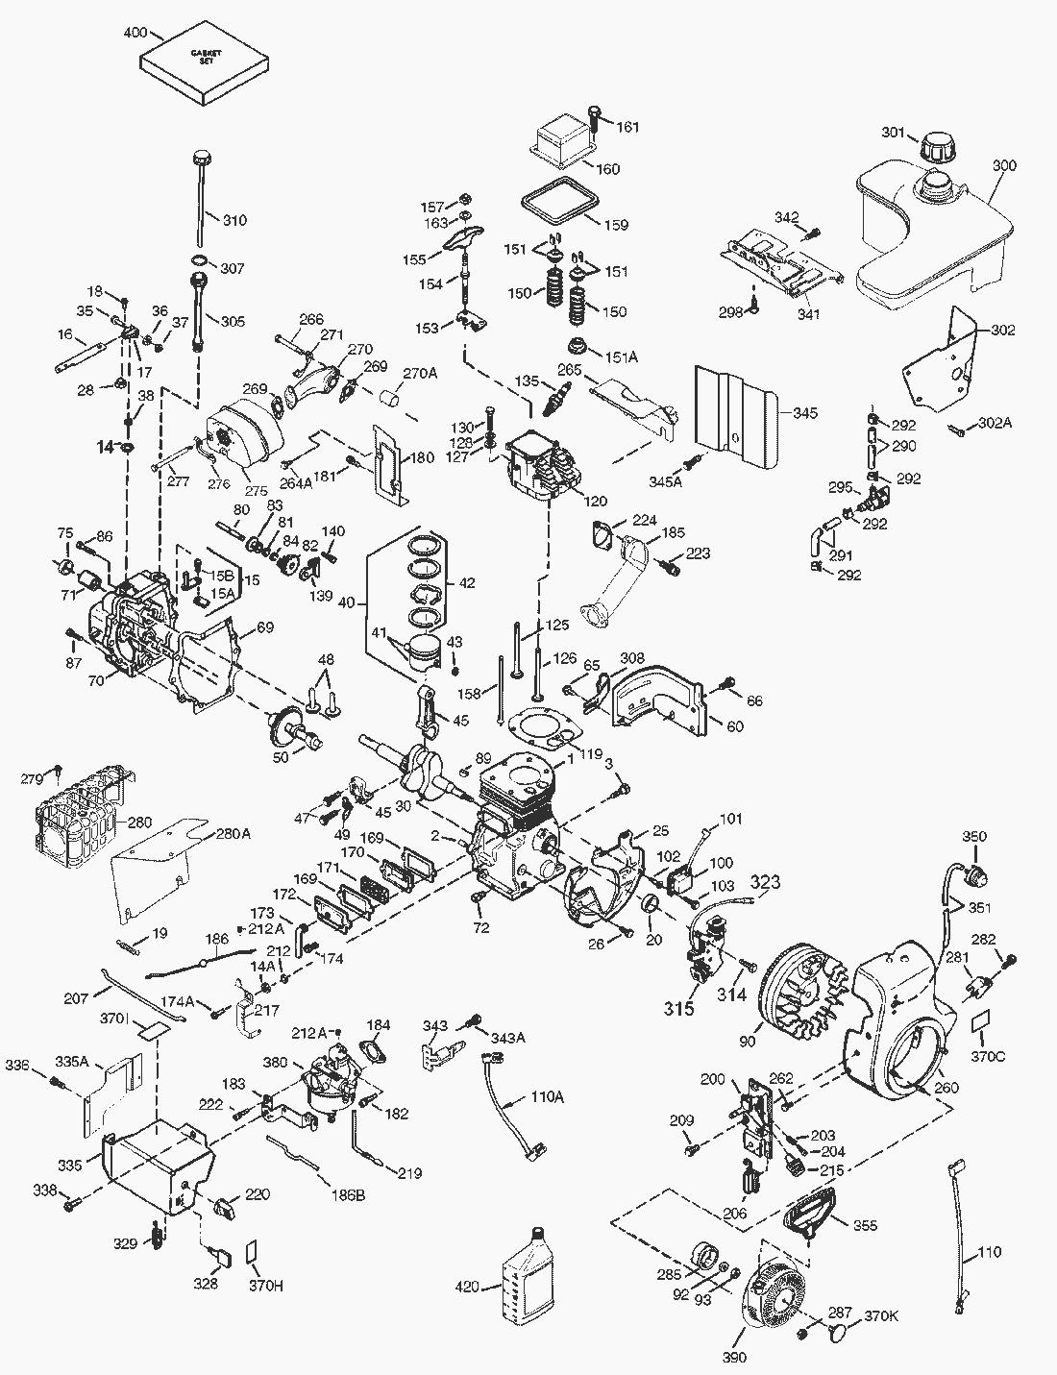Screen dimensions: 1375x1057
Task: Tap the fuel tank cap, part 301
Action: pyautogui.click(x=932, y=149)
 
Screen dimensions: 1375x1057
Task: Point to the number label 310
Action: pyautogui.click(x=234, y=220)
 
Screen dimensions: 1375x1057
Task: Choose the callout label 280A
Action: pyautogui.click(x=233, y=833)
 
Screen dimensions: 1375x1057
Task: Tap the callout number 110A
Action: pyautogui.click(x=547, y=1097)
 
